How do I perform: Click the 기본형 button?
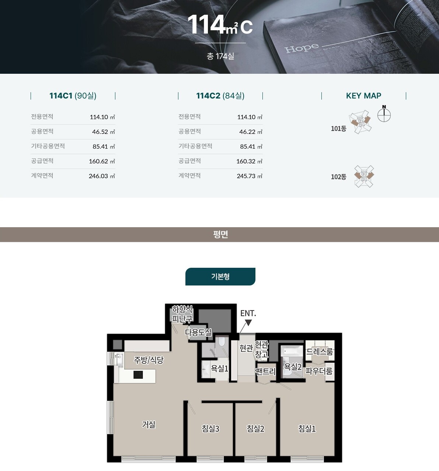[220, 277]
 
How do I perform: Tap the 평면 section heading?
[220, 234]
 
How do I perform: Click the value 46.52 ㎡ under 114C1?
[104, 132]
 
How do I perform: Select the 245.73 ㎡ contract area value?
[250, 176]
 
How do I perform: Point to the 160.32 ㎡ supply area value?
[250, 161]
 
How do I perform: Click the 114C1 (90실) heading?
[73, 96]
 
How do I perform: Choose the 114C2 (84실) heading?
[220, 96]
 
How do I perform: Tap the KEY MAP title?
[363, 96]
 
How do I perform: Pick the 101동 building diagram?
[360, 122]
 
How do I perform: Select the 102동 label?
[338, 177]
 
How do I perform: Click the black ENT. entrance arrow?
[248, 322]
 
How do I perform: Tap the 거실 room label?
[149, 424]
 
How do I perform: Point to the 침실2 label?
[255, 429]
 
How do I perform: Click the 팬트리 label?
[265, 371]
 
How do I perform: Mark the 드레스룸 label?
[320, 351]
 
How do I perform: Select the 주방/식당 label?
[149, 360]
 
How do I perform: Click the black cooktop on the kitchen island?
[138, 375]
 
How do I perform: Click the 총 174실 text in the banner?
[220, 56]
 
